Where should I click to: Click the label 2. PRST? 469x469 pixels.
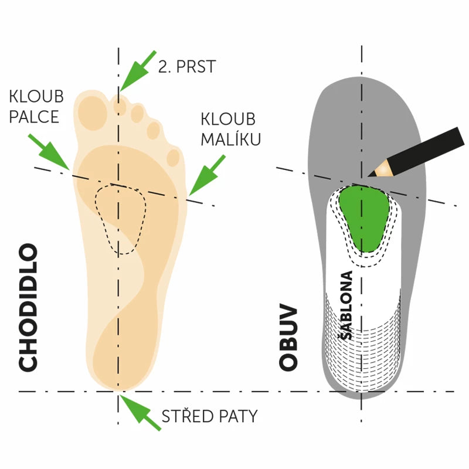pyautogui.click(x=187, y=66)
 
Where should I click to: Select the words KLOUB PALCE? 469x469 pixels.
pyautogui.click(x=36, y=107)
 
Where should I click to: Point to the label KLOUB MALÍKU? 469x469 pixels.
pyautogui.click(x=230, y=129)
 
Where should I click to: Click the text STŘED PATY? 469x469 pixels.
pyautogui.click(x=209, y=416)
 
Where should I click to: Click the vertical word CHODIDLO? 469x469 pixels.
pyautogui.click(x=28, y=308)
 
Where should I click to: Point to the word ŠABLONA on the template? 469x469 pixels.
pyautogui.click(x=347, y=305)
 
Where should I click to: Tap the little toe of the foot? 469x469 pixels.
pyautogui.click(x=174, y=157)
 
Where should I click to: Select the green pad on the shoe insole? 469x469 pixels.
pyautogui.click(x=365, y=217)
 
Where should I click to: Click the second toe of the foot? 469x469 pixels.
pyautogui.click(x=120, y=106)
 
